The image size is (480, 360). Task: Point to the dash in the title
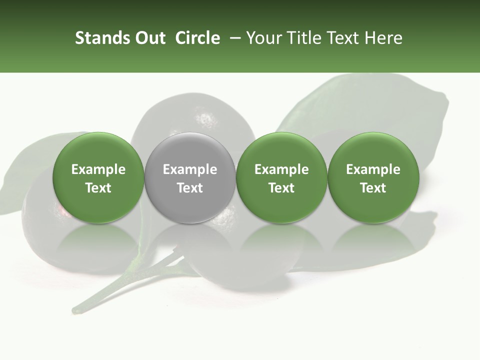point(233,38)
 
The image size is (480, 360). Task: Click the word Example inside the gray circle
point(190,170)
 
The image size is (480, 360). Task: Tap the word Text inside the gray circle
point(190,188)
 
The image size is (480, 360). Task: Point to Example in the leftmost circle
point(98,170)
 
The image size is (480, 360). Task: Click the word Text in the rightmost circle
point(373,188)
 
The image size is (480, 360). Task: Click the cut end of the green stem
point(75,310)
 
